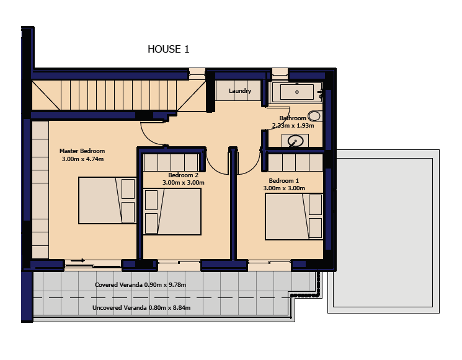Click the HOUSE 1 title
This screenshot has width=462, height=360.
[x=168, y=49]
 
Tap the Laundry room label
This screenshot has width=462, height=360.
[x=240, y=91]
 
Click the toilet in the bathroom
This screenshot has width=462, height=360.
[x=314, y=116]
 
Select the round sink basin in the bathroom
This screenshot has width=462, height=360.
[x=295, y=141]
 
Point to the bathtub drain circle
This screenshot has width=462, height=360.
[x=297, y=92]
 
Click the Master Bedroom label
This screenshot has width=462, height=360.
[x=82, y=151]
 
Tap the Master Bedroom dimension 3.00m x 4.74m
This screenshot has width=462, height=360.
[x=82, y=159]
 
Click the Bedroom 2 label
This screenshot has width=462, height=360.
[x=184, y=175]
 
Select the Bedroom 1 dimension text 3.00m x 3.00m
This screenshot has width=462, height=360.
[x=284, y=188]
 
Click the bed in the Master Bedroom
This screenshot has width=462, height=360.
[x=107, y=201]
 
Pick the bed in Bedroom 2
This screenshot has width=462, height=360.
[x=172, y=212]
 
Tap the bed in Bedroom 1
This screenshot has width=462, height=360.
[x=294, y=216]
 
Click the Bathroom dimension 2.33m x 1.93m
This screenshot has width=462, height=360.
[x=293, y=126]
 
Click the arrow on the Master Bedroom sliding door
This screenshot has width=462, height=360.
[x=78, y=260]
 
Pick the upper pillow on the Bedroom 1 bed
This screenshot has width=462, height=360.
[x=315, y=204]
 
